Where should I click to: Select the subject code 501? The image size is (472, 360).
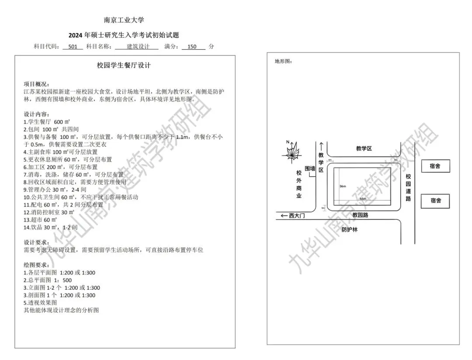click(x=73, y=46)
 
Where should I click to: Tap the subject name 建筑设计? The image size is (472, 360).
click(x=136, y=46)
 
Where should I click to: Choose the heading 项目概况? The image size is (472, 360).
click(x=36, y=84)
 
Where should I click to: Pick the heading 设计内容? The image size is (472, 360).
click(x=36, y=114)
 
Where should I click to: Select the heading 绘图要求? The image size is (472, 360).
click(x=36, y=265)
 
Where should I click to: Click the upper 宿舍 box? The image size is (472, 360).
click(x=435, y=166)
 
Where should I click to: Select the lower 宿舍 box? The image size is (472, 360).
click(x=435, y=201)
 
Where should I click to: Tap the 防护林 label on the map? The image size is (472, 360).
click(x=349, y=229)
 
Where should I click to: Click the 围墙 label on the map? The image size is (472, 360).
click(x=310, y=168)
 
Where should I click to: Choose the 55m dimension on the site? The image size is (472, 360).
click(x=362, y=199)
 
